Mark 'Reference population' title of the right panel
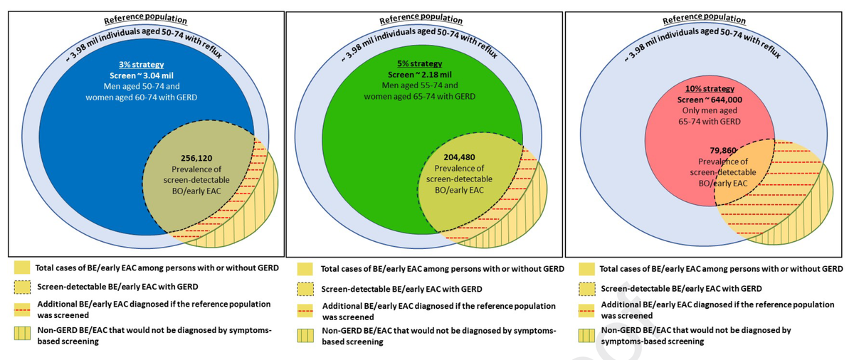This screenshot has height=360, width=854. (x=699, y=20)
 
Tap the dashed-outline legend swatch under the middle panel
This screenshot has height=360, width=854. (x=305, y=290)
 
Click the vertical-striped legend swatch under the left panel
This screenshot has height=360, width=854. (x=20, y=335)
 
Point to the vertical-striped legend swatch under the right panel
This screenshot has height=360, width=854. (x=586, y=335)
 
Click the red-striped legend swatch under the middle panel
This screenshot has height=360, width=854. (x=305, y=309)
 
